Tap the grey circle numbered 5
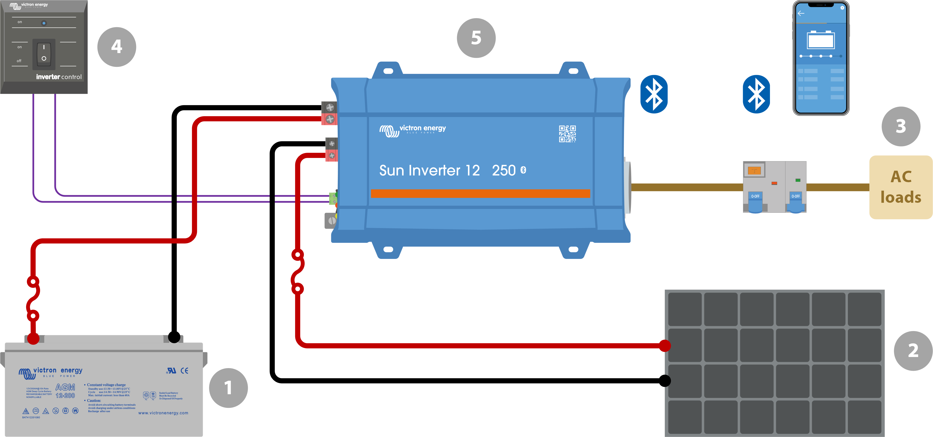(476, 38)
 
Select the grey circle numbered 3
(901, 126)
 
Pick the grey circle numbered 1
(228, 388)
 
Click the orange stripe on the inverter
(480, 194)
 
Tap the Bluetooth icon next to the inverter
(654, 94)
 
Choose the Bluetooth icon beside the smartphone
(756, 94)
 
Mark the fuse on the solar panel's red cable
(297, 272)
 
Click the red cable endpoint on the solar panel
(665, 346)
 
